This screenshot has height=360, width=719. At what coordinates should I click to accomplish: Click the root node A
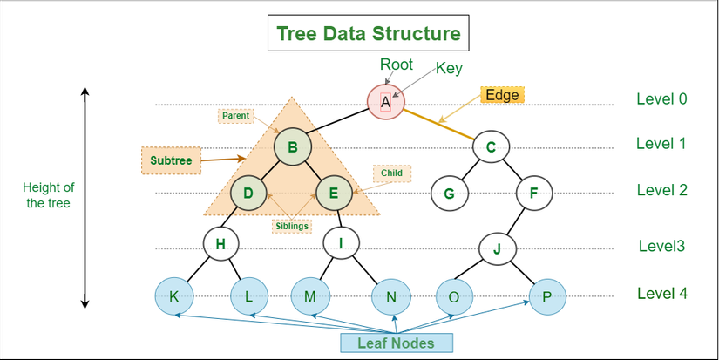coord(385,102)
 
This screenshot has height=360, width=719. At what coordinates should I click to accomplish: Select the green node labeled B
coord(292,146)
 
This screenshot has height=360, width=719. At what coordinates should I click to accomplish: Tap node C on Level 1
coord(491,146)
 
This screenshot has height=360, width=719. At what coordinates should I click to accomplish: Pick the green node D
coord(248,193)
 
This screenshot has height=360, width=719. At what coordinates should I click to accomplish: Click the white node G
coord(449,193)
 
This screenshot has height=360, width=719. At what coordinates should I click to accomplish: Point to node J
coord(497,248)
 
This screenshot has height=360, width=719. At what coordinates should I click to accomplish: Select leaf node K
coord(174,296)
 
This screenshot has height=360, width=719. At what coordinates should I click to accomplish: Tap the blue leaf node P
coord(546,296)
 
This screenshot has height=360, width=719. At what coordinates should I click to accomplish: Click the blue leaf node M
coord(309,296)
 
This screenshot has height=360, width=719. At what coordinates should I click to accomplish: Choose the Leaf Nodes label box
coord(395,342)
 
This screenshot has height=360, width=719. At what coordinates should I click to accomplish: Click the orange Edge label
coord(502,95)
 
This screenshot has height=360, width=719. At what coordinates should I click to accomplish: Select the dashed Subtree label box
coord(171,160)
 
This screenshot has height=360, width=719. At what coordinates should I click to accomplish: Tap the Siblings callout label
coord(291,226)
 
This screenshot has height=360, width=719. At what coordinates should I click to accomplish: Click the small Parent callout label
coord(235,115)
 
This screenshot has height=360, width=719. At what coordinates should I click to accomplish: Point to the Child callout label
coord(391,173)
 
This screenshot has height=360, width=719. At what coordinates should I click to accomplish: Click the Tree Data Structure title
coord(368,34)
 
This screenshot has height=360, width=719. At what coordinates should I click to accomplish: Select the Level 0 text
coord(661,98)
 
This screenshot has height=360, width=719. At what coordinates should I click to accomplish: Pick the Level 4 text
coord(661,294)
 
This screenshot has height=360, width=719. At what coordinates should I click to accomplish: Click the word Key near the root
coord(449,68)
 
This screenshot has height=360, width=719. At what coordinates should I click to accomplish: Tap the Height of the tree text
coord(50,194)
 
